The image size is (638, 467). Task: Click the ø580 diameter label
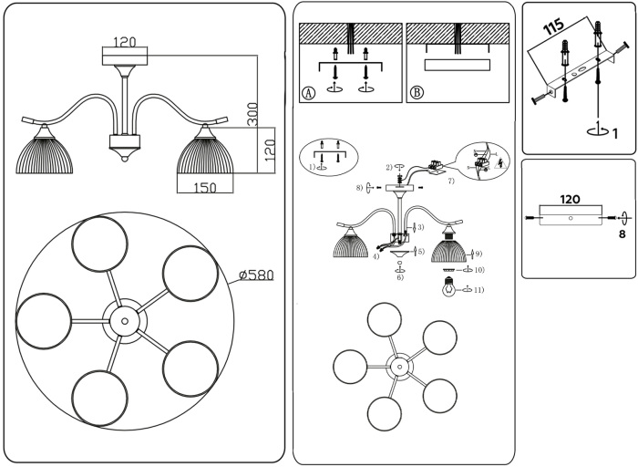coord(255,275)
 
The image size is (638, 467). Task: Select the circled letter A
coord(308,93)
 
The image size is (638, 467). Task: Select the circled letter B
coord(417,93)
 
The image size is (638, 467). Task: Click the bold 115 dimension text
coord(553,26)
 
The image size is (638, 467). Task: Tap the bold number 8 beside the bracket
coord(623,234)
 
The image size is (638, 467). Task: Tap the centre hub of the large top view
coord(123,318)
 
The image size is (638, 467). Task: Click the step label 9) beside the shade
coord(478,254)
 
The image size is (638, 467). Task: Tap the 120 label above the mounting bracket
coord(570,199)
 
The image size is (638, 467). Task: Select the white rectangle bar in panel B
coord(457,65)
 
